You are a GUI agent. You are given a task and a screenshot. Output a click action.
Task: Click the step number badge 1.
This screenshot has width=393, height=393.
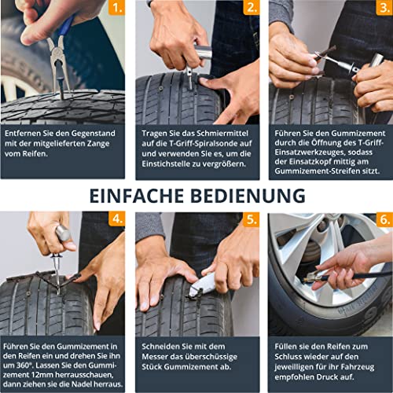(116, 9)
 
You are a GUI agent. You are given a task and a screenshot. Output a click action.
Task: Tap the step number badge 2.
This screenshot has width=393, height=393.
(252, 9)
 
